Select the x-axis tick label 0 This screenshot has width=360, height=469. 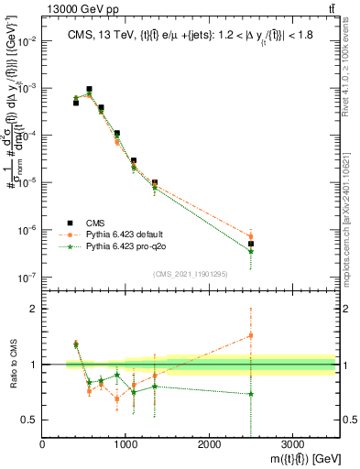tap(43, 445)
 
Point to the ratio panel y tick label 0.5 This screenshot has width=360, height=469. tap(30, 420)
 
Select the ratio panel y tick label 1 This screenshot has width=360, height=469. tap(34, 365)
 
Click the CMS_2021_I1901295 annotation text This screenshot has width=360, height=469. tap(185, 273)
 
